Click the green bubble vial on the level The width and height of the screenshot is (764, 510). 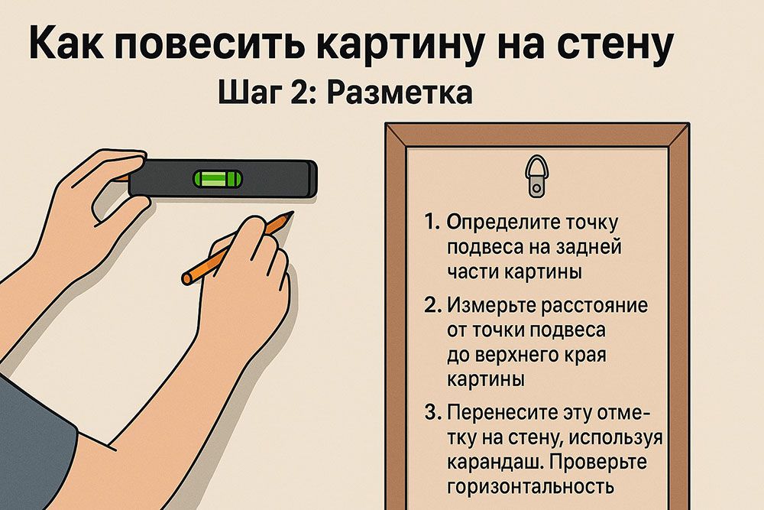[x=217, y=179]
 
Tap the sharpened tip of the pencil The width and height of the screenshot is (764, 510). [x=294, y=212]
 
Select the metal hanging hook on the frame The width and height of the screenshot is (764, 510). [x=536, y=176]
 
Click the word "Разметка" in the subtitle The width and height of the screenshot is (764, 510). [x=400, y=93]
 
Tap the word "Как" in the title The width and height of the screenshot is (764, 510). [x=66, y=44]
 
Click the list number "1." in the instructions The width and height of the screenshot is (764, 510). [x=432, y=222]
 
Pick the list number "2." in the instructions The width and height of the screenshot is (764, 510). [x=432, y=305]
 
